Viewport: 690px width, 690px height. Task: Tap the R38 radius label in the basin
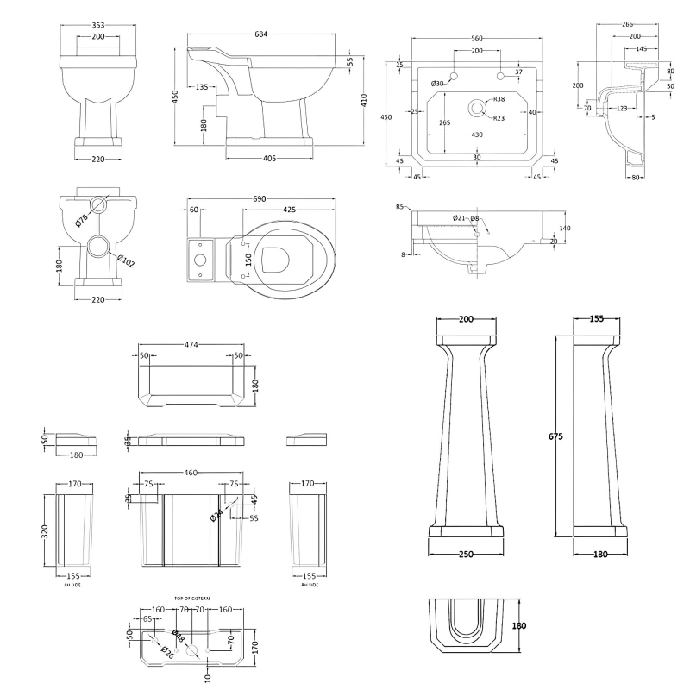[x=499, y=100]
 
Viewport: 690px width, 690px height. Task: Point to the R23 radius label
[x=499, y=117]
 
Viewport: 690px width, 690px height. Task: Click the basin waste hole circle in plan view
[x=475, y=109]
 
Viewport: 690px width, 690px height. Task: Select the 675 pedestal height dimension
[x=555, y=437]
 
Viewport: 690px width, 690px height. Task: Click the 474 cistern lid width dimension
[x=191, y=344]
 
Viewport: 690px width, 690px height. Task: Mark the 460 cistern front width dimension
[x=191, y=473]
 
